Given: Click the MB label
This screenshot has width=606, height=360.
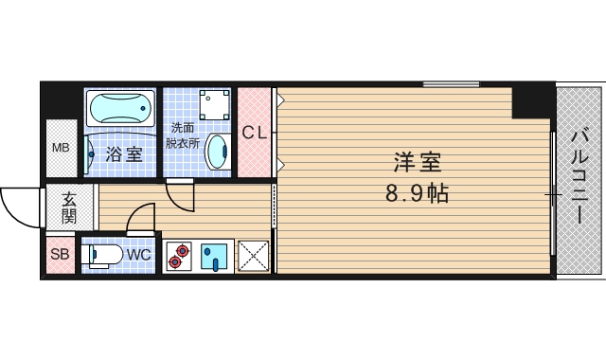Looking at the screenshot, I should [61, 148].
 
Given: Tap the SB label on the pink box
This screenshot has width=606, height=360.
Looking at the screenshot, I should [60, 255].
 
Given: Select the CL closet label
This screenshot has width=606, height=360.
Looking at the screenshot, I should [253, 134].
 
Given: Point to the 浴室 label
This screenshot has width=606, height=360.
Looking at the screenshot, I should [124, 154].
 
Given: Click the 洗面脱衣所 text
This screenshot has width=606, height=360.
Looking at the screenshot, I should [183, 135].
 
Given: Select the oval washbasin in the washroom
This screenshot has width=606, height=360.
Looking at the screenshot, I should [217, 150].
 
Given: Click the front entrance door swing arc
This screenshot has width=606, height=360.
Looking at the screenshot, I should [21, 204].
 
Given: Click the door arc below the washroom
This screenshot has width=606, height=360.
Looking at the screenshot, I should [179, 197].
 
